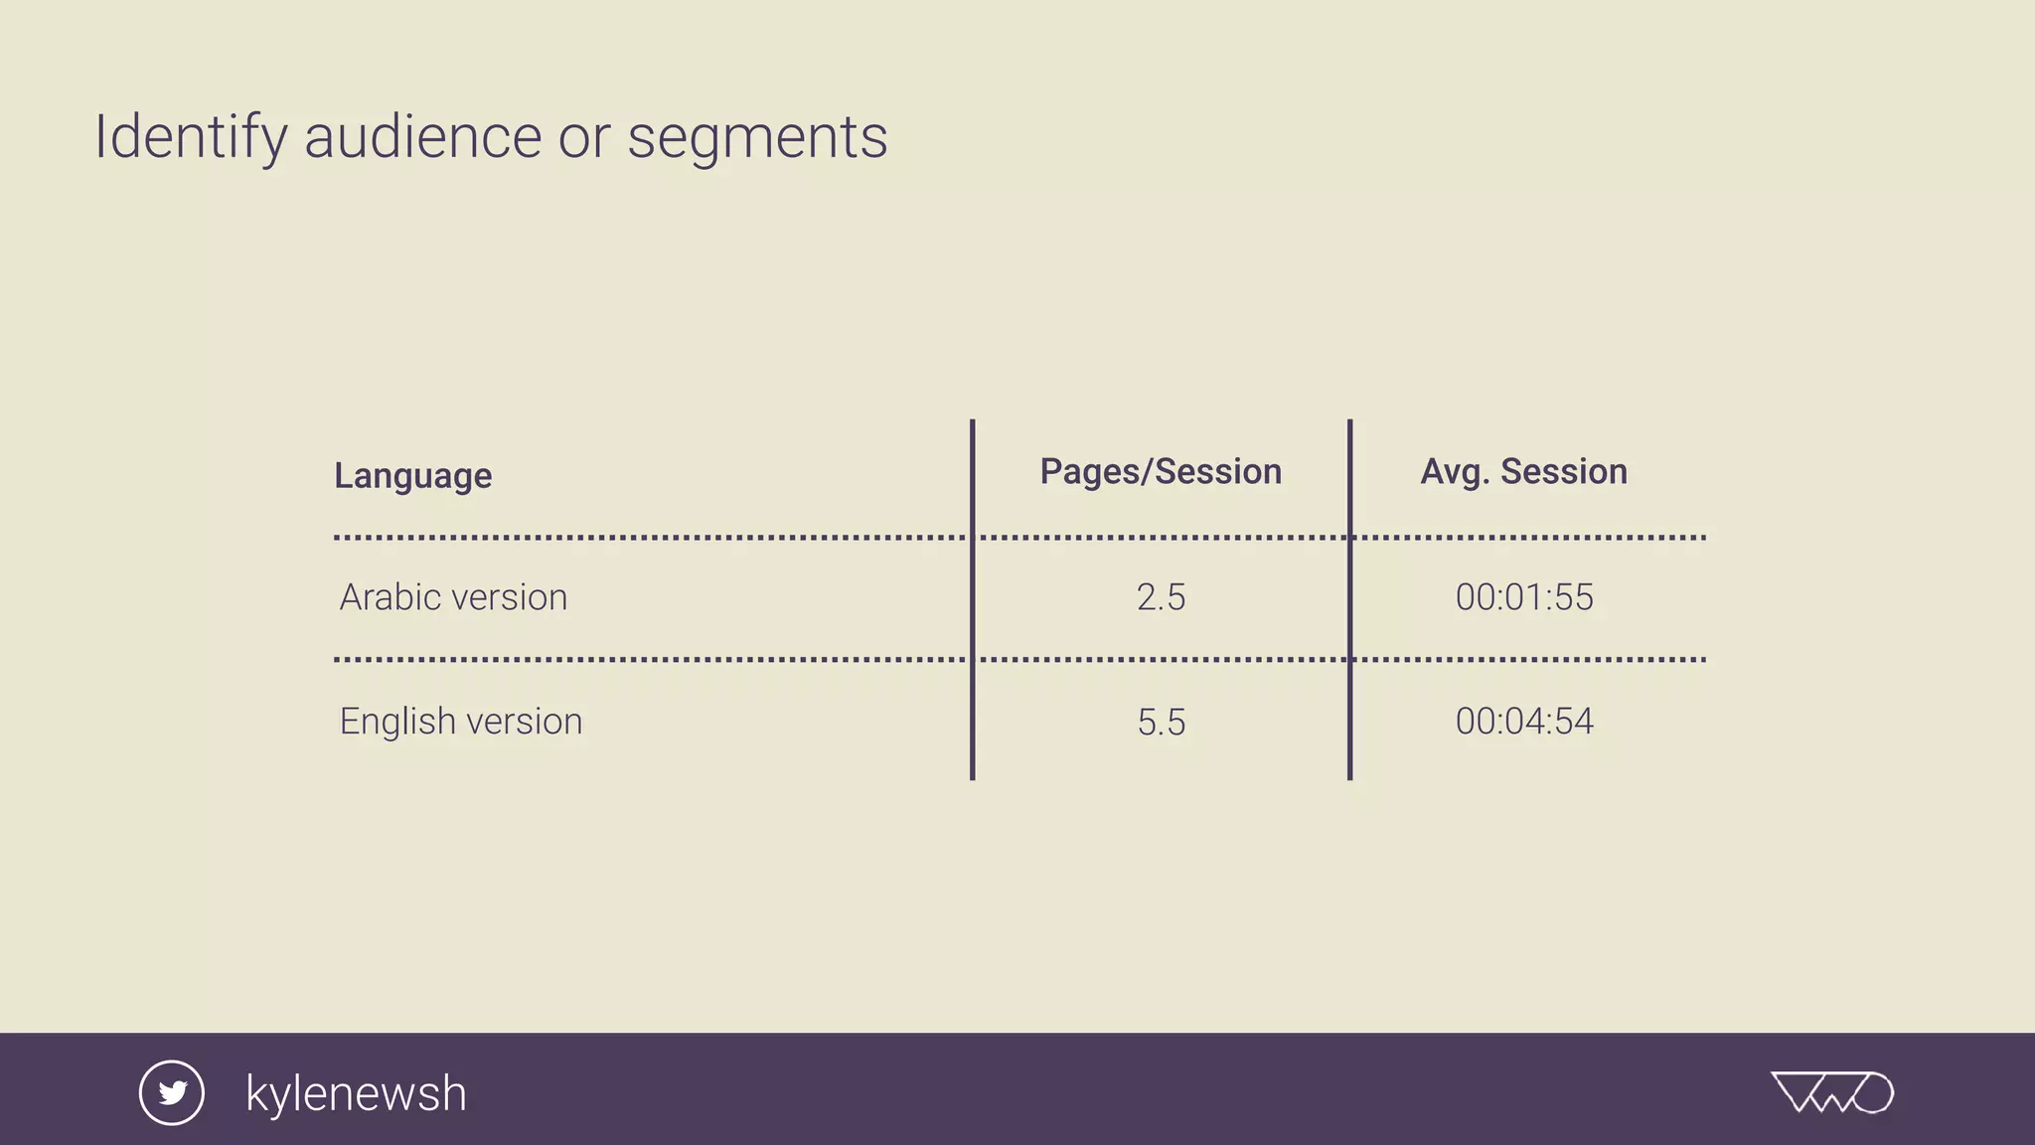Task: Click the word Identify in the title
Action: pyautogui.click(x=190, y=137)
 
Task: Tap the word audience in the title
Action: pyautogui.click(x=422, y=137)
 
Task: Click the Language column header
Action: pyautogui.click(x=412, y=476)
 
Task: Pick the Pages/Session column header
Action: pyautogui.click(x=1161, y=472)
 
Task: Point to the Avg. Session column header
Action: pyautogui.click(x=1523, y=472)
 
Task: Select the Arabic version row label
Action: pyautogui.click(x=453, y=597)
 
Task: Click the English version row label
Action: pyautogui.click(x=461, y=722)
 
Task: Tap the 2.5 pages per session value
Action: pyautogui.click(x=1161, y=597)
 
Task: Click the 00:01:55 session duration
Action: pyautogui.click(x=1524, y=597)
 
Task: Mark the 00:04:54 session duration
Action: pyautogui.click(x=1524, y=722)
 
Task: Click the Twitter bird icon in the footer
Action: pyautogui.click(x=172, y=1093)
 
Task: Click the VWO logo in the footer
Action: pyautogui.click(x=1832, y=1092)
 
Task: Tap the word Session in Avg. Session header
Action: pyautogui.click(x=1564, y=472)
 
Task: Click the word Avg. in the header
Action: pyautogui.click(x=1455, y=472)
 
